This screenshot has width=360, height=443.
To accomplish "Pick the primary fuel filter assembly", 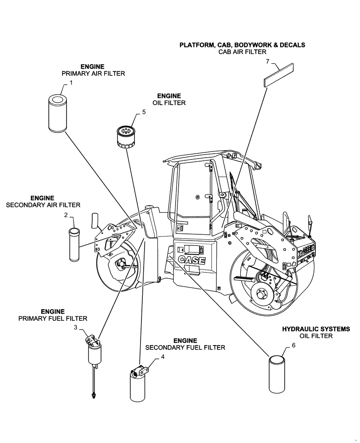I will click(94, 354).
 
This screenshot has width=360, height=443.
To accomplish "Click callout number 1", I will click(70, 83).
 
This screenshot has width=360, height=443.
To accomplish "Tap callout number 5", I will click(144, 113).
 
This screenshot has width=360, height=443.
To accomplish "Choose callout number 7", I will click(268, 62).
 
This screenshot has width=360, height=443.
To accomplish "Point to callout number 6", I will click(293, 346).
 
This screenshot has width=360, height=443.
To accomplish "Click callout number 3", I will click(75, 327).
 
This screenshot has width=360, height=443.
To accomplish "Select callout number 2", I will click(66, 215).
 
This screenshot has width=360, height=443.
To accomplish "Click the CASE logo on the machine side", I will click(192, 260).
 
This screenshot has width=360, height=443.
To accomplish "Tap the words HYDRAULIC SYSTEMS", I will click(316, 329).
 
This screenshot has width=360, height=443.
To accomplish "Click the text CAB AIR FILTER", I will click(242, 52).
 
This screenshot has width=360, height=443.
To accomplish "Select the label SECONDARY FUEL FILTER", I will click(185, 348).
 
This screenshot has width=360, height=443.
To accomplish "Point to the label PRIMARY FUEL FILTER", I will click(53, 319).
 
